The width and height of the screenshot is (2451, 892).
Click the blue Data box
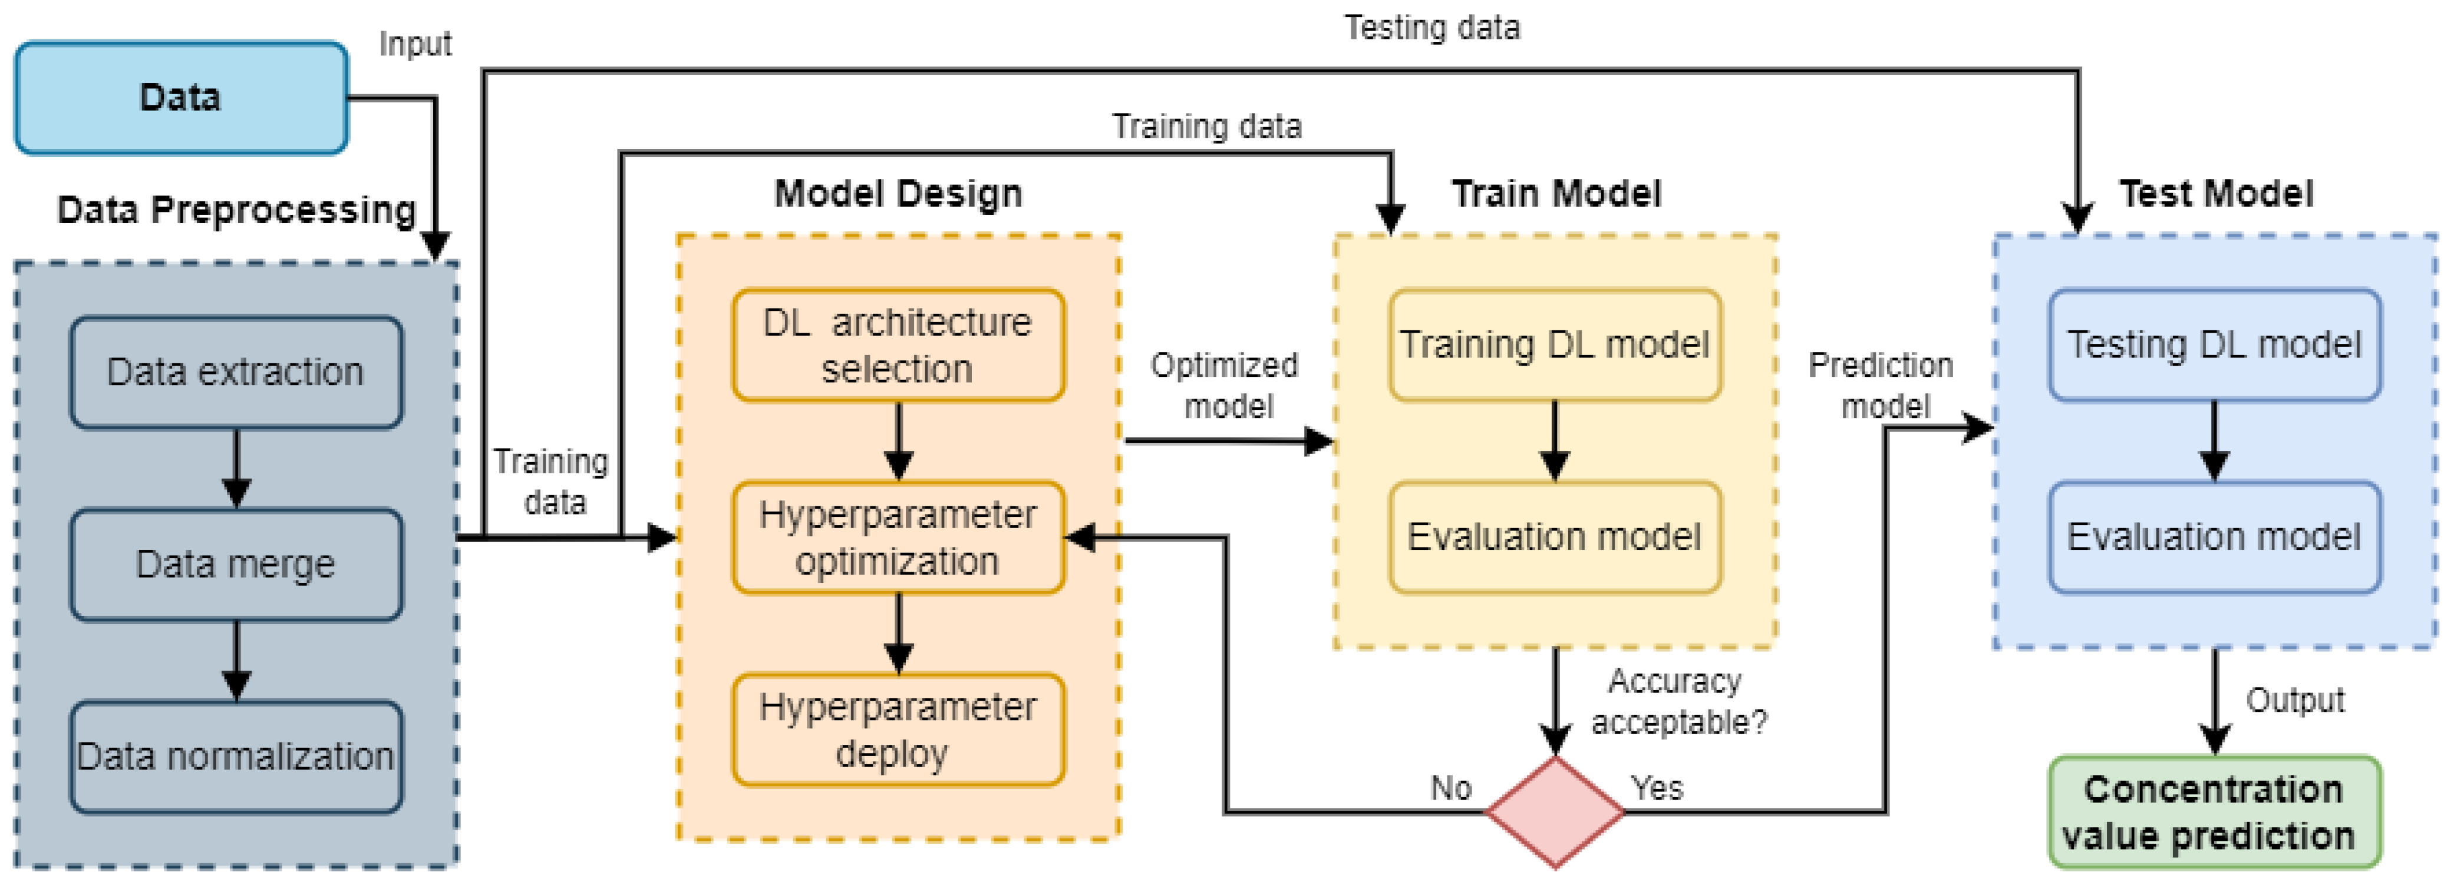click(x=181, y=98)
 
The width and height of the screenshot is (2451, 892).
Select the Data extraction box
click(x=236, y=372)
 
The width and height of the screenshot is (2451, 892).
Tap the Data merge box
click(x=236, y=565)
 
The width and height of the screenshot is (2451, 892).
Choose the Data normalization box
click(x=236, y=757)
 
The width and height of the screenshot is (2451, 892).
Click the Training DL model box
click(x=1555, y=345)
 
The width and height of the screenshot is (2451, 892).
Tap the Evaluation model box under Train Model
click(x=1555, y=538)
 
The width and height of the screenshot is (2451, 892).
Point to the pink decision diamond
click(x=1555, y=813)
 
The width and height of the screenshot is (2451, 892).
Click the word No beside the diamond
click(x=1451, y=788)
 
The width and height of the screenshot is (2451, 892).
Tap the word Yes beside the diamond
click(x=1657, y=788)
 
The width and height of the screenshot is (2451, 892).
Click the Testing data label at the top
click(x=1432, y=28)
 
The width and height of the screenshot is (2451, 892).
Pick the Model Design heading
click(x=898, y=194)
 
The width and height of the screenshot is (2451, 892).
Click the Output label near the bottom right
click(x=2295, y=701)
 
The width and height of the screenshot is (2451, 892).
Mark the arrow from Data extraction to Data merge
click(x=236, y=468)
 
